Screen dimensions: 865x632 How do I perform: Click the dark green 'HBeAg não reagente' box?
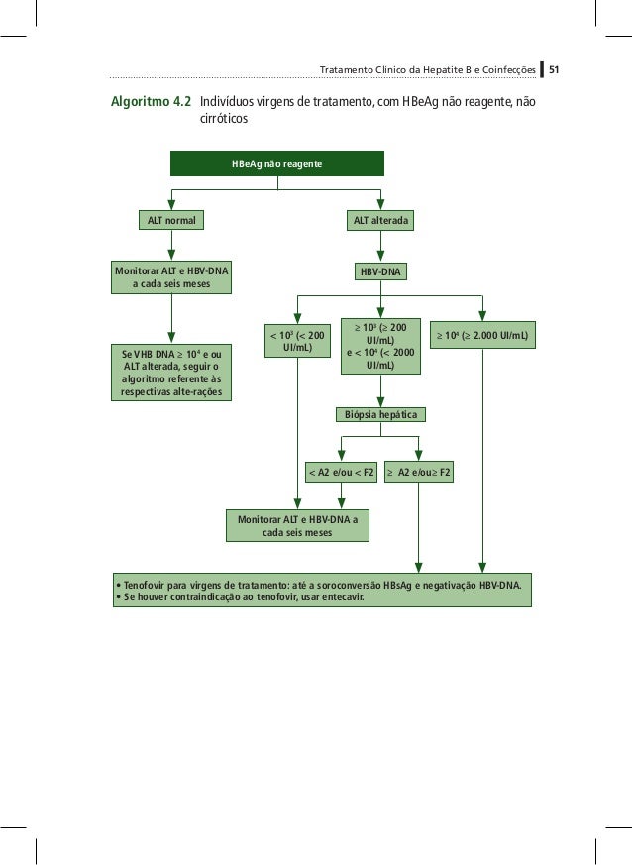(276, 163)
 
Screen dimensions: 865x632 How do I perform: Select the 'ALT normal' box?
(171, 220)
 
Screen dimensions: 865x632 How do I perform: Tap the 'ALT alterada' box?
(381, 220)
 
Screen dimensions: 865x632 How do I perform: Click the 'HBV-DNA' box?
(381, 270)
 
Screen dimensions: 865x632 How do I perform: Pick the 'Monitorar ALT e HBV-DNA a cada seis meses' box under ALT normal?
(171, 277)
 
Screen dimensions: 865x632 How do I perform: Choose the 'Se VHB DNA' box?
(171, 373)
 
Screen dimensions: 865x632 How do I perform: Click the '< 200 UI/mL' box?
(297, 341)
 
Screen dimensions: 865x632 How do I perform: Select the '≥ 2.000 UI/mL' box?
(482, 337)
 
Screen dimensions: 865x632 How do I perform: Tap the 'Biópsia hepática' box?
(380, 413)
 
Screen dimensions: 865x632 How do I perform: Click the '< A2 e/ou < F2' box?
(341, 472)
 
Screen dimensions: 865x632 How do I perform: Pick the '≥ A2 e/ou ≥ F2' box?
(419, 472)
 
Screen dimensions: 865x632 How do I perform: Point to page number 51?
(555, 70)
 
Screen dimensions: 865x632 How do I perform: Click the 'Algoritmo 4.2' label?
(151, 102)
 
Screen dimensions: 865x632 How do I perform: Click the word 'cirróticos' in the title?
(223, 119)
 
